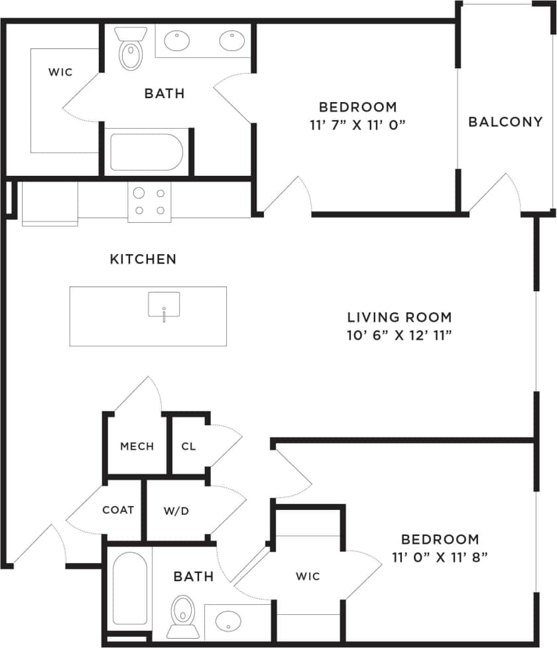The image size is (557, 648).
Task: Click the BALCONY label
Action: [505, 122]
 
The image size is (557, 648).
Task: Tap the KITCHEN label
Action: [143, 259]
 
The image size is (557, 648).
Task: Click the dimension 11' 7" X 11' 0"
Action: [358, 124]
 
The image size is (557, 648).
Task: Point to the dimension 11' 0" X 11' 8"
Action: [440, 556]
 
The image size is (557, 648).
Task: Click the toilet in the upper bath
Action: [129, 49]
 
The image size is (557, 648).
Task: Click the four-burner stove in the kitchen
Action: [149, 202]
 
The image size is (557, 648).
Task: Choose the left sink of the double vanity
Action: [178, 42]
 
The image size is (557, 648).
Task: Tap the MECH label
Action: [137, 446]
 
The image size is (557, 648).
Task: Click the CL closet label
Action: [188, 446]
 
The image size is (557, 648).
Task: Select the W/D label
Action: [177, 511]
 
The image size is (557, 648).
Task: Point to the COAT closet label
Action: [118, 510]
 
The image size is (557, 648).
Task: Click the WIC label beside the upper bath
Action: [60, 72]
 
